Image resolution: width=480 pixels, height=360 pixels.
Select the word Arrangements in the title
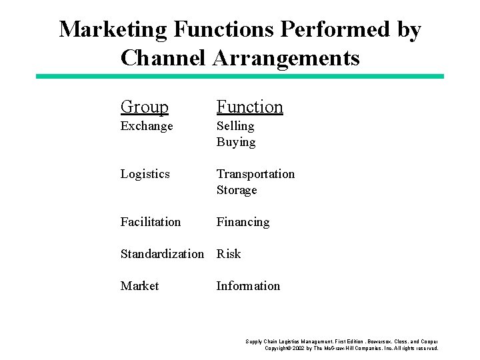click(x=287, y=57)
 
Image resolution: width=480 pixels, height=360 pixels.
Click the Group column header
click(x=145, y=107)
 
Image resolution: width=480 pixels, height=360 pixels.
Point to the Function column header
click(x=249, y=107)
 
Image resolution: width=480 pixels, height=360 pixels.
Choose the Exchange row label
click(x=147, y=126)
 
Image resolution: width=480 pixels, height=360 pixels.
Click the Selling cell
click(x=235, y=126)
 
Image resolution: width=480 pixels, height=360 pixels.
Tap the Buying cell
click(x=236, y=142)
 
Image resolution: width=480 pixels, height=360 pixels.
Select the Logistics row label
click(x=145, y=174)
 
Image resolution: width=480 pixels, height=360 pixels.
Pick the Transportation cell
click(x=255, y=174)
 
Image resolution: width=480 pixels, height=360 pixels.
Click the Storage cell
click(x=237, y=190)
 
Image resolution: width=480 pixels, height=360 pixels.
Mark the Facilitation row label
click(x=151, y=222)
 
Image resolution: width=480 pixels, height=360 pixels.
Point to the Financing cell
click(x=243, y=222)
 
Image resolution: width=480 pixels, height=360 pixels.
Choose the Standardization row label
click(x=162, y=254)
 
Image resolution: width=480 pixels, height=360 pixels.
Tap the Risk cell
click(x=229, y=254)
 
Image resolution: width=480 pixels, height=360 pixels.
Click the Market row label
click(x=140, y=286)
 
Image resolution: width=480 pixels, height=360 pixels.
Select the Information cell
click(x=248, y=286)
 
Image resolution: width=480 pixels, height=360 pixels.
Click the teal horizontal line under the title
click(x=240, y=77)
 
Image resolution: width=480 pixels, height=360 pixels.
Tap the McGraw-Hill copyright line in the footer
click(x=351, y=348)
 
